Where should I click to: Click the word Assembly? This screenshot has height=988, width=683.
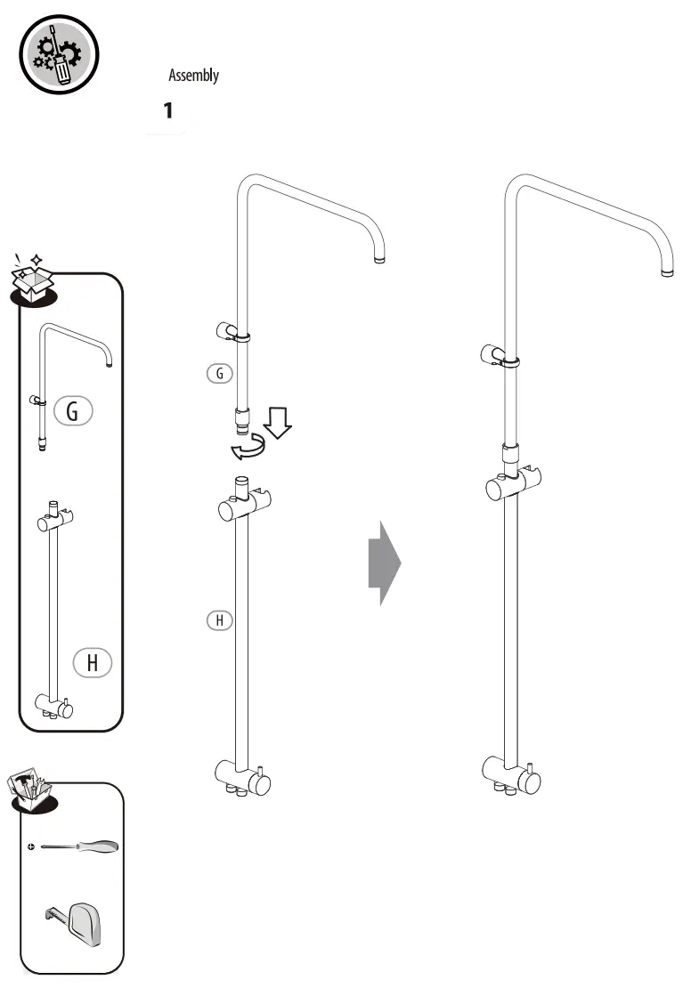point(193,76)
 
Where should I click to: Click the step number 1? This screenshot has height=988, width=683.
point(167,111)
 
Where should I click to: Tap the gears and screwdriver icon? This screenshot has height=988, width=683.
point(59,55)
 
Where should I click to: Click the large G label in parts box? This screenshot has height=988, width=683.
point(73,410)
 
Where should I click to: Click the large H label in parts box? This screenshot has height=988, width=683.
point(92,662)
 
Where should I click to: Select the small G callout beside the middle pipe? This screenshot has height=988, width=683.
point(219,374)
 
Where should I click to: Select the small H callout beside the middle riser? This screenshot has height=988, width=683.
point(219,620)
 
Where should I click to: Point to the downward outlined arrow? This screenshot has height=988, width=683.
point(278,424)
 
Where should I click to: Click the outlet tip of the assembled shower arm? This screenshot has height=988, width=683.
point(666,270)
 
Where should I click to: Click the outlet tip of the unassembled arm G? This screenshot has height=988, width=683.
point(379,260)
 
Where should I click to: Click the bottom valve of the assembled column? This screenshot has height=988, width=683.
point(511,774)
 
